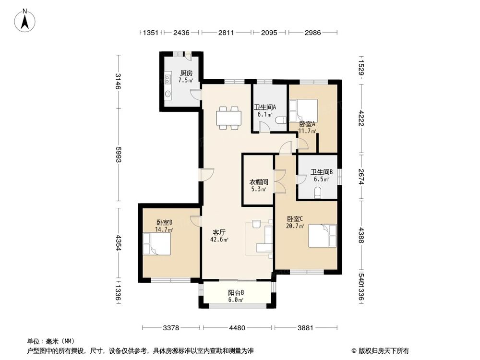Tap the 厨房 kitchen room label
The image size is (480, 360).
tap(186, 73)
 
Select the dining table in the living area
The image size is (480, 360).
tap(228, 118)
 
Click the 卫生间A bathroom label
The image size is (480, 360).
tap(264, 108)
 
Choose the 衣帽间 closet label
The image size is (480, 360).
tap(258, 182)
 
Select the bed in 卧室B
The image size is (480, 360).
tap(156, 244)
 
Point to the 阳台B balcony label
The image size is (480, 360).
tap(236, 292)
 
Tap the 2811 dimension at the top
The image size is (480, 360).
tap(226, 33)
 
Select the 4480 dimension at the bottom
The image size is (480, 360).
tap(237, 328)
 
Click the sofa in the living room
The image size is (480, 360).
tap(266, 239)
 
